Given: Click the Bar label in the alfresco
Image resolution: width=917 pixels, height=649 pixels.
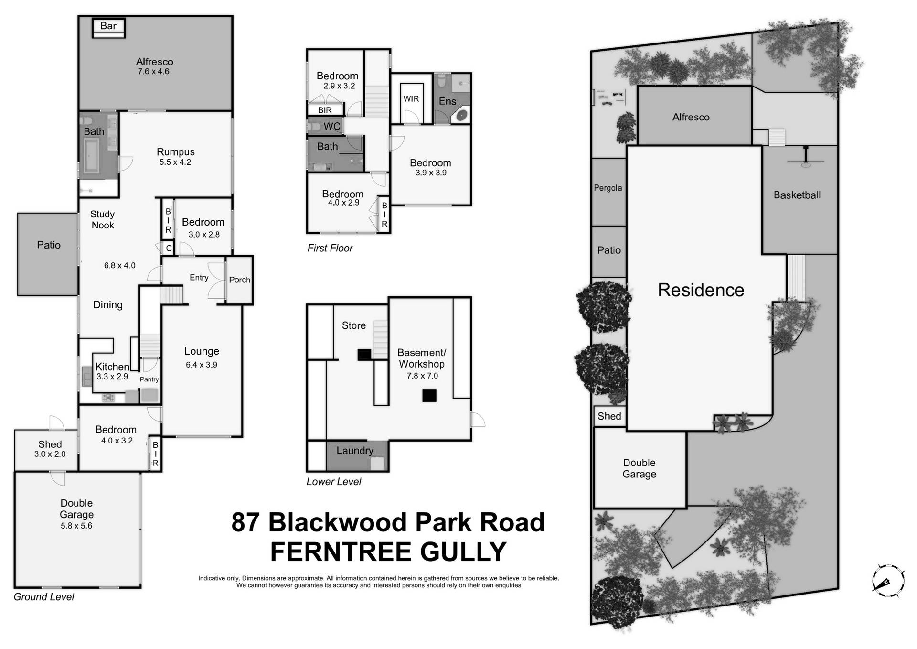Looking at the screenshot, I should click(x=108, y=26).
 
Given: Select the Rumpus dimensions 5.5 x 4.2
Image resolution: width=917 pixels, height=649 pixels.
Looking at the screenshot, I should click(x=175, y=162).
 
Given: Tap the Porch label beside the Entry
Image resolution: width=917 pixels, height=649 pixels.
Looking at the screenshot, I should click(x=239, y=280).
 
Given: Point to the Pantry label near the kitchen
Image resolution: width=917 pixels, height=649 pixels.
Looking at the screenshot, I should click(x=149, y=379).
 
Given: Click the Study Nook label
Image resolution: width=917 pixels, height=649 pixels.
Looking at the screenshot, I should click(x=102, y=220).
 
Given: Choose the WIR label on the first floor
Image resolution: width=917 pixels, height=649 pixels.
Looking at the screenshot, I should click(x=411, y=99).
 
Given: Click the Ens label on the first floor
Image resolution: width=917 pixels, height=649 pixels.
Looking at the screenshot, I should click(x=448, y=101).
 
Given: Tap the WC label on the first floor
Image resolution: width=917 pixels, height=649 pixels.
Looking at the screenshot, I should click(x=332, y=126).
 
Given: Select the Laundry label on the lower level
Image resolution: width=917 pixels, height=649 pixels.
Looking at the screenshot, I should click(x=354, y=451).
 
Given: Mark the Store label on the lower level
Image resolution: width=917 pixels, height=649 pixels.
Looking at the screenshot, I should click(x=354, y=325).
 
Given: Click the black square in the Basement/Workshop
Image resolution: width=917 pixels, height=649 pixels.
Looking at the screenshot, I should click(x=429, y=396).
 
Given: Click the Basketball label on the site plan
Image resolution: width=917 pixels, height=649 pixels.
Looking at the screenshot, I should click(x=797, y=195).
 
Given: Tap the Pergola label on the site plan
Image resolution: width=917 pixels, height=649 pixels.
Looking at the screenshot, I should click(x=608, y=188).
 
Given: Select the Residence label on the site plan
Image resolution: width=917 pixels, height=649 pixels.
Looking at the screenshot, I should click(x=701, y=290).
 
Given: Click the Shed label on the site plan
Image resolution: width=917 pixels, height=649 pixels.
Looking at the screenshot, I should click(x=609, y=416).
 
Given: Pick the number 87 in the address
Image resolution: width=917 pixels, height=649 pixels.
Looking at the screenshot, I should click(x=245, y=522).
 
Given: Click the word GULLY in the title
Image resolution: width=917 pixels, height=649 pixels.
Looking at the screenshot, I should click(x=463, y=552).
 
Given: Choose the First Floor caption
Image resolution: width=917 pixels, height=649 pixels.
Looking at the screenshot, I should click(x=330, y=248).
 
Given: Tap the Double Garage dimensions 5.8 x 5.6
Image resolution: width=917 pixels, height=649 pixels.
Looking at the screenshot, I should click(x=76, y=526).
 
